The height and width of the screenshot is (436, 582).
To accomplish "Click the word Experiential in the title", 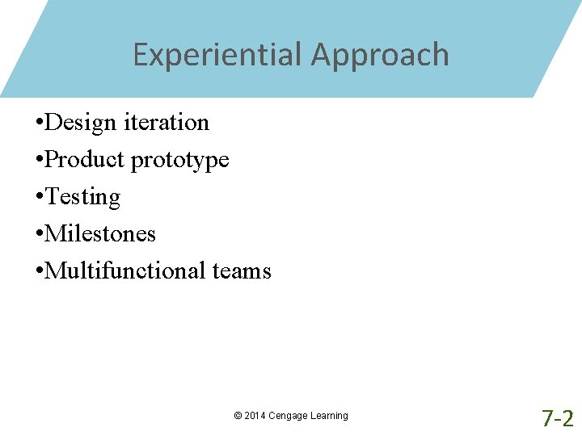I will click(x=217, y=55).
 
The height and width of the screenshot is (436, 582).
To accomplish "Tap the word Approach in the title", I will click(x=380, y=55).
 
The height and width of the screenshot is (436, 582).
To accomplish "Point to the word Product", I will click(x=86, y=159).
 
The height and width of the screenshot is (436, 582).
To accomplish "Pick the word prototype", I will click(x=180, y=160).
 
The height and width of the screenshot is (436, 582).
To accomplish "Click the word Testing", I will click(x=82, y=197).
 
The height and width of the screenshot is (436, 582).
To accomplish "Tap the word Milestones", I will click(x=100, y=233).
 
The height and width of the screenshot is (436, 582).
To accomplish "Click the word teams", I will click(x=242, y=271).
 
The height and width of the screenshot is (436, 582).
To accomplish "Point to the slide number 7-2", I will click(x=557, y=417).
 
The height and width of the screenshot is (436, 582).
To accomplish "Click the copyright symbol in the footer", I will click(x=238, y=416).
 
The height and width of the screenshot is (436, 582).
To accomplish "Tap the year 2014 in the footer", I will click(x=255, y=416).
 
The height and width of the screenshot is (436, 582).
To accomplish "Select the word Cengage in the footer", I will click(x=288, y=416).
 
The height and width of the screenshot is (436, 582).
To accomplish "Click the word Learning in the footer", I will click(x=329, y=416).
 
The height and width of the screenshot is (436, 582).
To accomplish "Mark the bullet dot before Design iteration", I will click(x=40, y=123).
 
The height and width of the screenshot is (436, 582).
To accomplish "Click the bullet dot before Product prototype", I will click(x=40, y=160).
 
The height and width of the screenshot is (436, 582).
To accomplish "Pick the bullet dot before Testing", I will click(x=40, y=197).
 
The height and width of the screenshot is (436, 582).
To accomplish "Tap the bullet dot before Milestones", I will click(x=40, y=234).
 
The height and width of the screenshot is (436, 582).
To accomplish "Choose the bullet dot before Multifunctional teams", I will click(x=40, y=271).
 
